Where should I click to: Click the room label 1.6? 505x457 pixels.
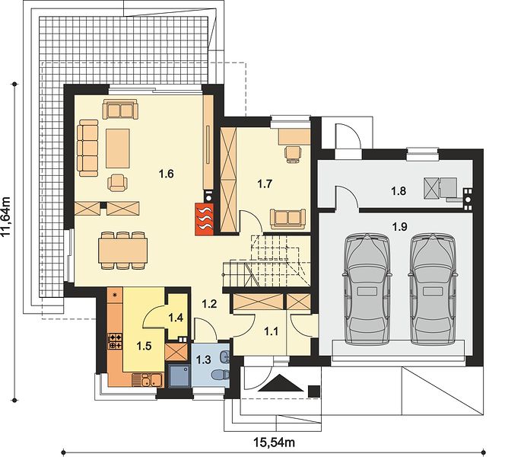[x=167, y=174]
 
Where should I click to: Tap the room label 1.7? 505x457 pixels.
[x=265, y=184]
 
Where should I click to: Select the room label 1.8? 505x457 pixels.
[x=399, y=191]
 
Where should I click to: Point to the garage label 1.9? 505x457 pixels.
[x=399, y=227]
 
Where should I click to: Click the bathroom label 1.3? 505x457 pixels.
[x=203, y=360]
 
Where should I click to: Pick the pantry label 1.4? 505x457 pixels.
[x=176, y=318]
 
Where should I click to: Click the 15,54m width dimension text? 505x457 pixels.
[x=274, y=443]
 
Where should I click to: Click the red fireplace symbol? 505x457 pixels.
[x=204, y=219]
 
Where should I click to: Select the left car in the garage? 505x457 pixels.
[x=367, y=289]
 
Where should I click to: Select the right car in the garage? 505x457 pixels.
[x=433, y=289]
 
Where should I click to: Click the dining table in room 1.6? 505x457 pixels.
[x=123, y=251]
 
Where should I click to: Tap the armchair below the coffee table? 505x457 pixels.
[x=117, y=183]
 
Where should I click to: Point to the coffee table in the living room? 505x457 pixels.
[x=118, y=148]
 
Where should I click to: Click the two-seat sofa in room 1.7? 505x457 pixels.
[x=288, y=219]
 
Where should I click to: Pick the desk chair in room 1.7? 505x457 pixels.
[x=293, y=152]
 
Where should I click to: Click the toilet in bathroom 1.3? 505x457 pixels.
[x=221, y=375]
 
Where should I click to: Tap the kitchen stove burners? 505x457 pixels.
[x=115, y=341]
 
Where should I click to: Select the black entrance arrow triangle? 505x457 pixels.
[x=281, y=383]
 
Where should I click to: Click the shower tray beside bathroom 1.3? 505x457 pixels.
[x=179, y=376]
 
